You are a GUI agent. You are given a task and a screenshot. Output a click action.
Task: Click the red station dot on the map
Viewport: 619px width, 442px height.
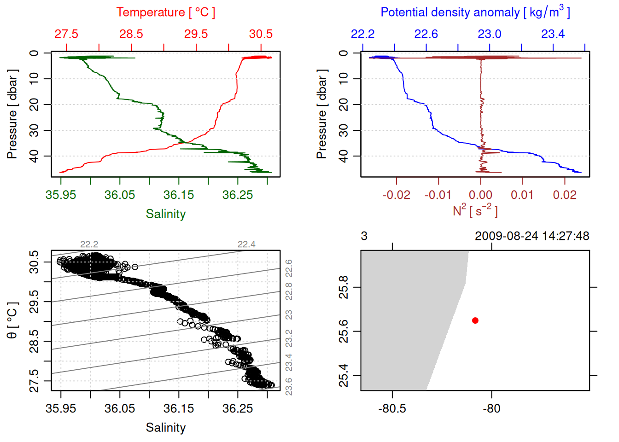click(475, 320)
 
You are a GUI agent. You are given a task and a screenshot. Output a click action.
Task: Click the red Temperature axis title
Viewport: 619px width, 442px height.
click(165, 12)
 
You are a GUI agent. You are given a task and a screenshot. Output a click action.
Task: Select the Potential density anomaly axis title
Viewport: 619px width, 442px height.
click(475, 12)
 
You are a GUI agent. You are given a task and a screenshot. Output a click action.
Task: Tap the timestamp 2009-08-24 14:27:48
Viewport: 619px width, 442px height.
click(531, 236)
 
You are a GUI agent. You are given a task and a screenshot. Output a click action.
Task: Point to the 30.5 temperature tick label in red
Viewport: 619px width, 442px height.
click(261, 34)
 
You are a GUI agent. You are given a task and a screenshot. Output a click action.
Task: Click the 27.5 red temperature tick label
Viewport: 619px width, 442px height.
click(66, 34)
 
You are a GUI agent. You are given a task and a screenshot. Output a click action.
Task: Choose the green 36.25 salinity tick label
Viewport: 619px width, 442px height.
click(238, 195)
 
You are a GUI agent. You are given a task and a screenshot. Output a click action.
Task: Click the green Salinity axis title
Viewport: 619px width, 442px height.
click(165, 214)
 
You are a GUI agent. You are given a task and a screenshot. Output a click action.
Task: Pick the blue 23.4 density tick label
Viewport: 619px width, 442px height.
click(553, 34)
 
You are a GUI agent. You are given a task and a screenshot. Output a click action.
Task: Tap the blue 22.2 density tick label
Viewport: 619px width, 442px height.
click(362, 34)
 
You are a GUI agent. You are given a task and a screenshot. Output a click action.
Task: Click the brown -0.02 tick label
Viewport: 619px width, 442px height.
click(396, 195)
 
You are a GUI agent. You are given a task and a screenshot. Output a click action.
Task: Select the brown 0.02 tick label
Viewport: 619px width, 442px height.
click(565, 195)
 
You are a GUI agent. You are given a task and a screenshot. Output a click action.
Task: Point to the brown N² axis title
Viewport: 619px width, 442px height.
click(475, 211)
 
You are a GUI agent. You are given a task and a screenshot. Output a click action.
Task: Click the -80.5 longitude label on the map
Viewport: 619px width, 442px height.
click(392, 408)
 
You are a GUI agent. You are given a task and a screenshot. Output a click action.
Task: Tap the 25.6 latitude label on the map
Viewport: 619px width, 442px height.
click(344, 331)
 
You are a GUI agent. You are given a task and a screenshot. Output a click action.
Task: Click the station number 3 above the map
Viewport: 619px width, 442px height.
click(364, 236)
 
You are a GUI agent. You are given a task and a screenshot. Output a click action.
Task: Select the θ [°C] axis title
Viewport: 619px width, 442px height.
click(12, 320)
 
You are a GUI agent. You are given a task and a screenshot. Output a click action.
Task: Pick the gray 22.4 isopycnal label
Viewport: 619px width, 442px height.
click(246, 244)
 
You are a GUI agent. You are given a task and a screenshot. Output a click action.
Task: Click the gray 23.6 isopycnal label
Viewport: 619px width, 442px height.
click(289, 386)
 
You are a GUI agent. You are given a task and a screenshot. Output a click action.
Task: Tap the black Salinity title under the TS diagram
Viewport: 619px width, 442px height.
click(165, 428)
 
